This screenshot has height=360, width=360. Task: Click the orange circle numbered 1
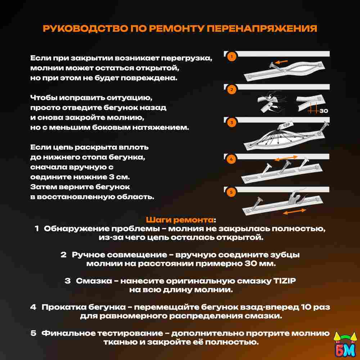[231, 57]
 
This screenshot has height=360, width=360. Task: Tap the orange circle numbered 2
[231, 90]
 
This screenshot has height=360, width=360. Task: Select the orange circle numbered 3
[231, 123]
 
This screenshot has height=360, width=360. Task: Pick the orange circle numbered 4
[231, 159]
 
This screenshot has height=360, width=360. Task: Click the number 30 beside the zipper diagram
[324, 111]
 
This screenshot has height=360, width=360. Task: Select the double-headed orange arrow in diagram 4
[287, 158]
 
